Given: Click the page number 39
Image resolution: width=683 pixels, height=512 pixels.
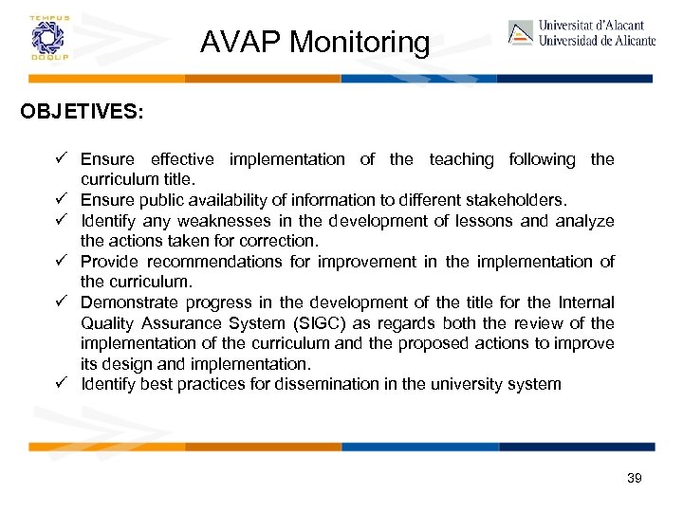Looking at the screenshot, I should pos(635,478).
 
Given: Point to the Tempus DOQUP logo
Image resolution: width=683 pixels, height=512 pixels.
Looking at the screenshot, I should pos(45,38).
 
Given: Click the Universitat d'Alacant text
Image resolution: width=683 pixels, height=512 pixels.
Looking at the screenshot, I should pos(591,26).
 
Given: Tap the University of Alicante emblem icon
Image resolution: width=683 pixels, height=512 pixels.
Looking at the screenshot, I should pos(521,32).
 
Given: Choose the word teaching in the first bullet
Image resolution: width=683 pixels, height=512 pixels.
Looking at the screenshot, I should pos(461,159).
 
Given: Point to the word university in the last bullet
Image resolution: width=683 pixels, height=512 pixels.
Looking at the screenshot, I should pos(456,385).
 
